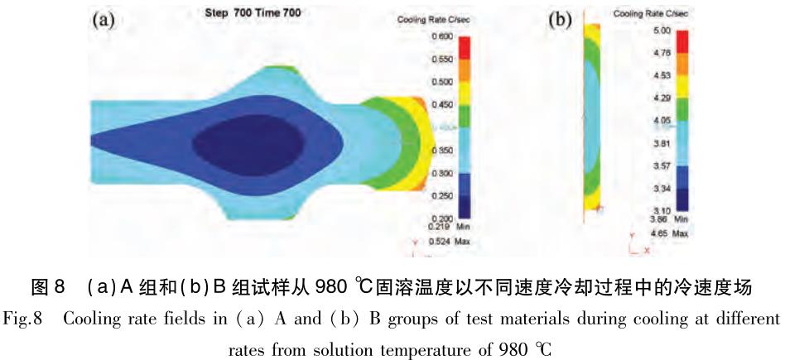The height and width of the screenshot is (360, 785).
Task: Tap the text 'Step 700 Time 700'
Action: (241, 13)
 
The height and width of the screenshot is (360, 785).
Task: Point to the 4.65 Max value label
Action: (659, 235)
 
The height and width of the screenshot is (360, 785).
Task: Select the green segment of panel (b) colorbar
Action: (682, 109)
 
